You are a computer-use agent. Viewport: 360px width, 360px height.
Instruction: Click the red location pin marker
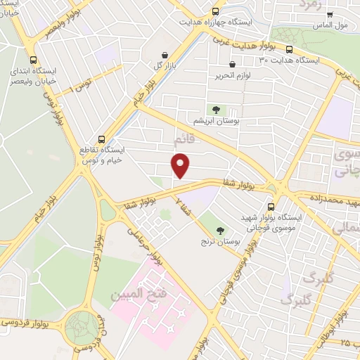[x=181, y=166]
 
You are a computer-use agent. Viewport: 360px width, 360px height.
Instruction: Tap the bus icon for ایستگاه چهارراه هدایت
[x=216, y=11]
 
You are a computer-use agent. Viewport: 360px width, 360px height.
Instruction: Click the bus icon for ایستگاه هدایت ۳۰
[x=289, y=49]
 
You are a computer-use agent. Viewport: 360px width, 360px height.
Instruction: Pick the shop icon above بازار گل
[x=164, y=55]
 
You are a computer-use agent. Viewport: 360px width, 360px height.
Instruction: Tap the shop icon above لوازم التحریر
[x=222, y=64]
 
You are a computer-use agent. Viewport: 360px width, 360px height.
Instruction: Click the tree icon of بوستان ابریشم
[x=216, y=110]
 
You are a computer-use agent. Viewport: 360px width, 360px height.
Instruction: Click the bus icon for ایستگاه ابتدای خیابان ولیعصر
[x=33, y=60]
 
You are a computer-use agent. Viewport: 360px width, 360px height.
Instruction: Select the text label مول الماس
[x=333, y=25]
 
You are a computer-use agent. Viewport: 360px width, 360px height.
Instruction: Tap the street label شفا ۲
[x=184, y=205]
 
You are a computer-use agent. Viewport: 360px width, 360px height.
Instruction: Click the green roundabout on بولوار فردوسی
[x=83, y=327]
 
